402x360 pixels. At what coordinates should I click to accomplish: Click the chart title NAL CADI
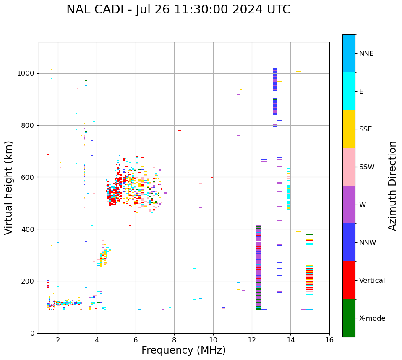[178, 10]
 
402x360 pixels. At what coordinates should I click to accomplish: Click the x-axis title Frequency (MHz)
[183, 350]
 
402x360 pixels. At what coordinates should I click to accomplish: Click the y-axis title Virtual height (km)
[9, 188]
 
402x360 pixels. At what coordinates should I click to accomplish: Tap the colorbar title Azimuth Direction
[392, 186]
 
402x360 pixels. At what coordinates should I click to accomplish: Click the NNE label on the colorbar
[366, 54]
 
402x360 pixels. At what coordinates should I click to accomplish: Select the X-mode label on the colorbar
[372, 318]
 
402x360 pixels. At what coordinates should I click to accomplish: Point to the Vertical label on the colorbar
[372, 281]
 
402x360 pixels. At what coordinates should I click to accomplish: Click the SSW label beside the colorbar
[367, 167]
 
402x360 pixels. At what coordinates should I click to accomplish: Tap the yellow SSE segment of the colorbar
[349, 129]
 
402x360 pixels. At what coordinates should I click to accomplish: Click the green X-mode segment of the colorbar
[349, 318]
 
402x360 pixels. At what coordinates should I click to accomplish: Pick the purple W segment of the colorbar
[349, 205]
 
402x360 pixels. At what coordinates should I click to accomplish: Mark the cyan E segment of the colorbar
[349, 91]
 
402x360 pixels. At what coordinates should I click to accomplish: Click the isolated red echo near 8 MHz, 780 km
[179, 130]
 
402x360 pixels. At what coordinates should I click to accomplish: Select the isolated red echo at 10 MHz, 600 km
[212, 178]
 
